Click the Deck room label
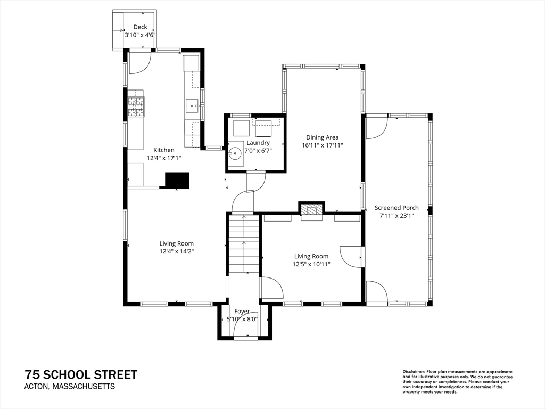coord(140,27)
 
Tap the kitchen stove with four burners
coord(136,106)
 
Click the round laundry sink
coord(235,153)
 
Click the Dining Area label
coord(322,137)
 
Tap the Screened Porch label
coord(397,208)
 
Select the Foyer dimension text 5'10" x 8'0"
coord(243,320)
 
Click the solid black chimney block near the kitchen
coord(177,181)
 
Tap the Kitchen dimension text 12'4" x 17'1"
coord(164,158)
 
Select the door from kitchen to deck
coord(139,62)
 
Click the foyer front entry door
coord(246,325)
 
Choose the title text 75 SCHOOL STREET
coord(81,374)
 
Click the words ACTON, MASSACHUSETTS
coord(69,387)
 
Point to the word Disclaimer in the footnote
coord(413,371)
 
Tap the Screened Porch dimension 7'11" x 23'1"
coord(397,216)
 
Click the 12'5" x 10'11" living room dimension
coord(311,264)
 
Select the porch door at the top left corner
coord(376,128)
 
